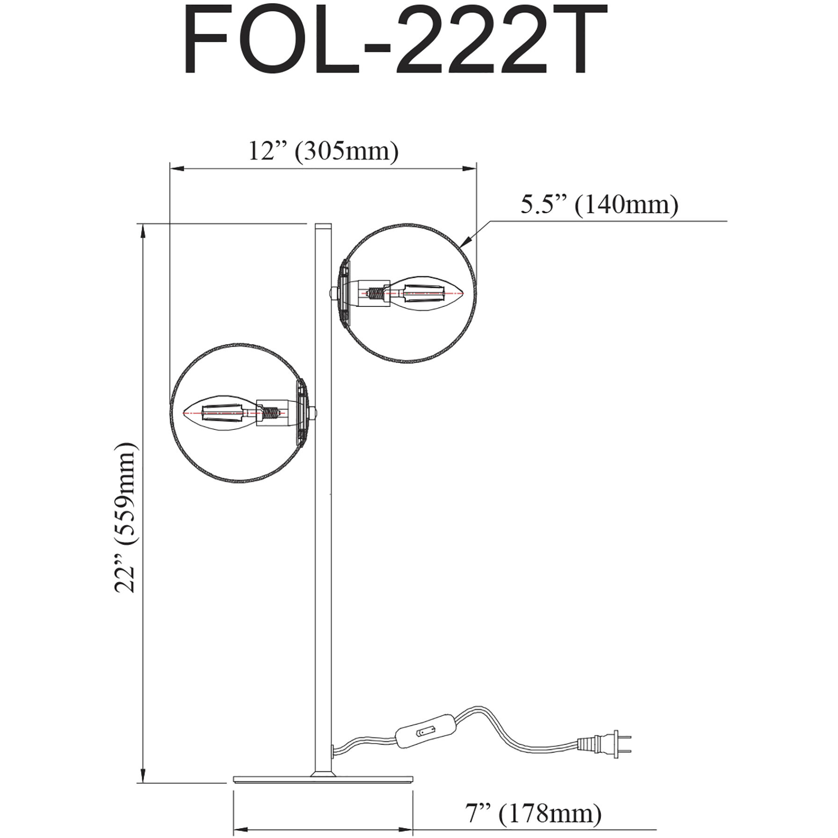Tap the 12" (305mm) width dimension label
click(323, 151)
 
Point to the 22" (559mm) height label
click(127, 516)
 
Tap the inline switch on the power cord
click(425, 742)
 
